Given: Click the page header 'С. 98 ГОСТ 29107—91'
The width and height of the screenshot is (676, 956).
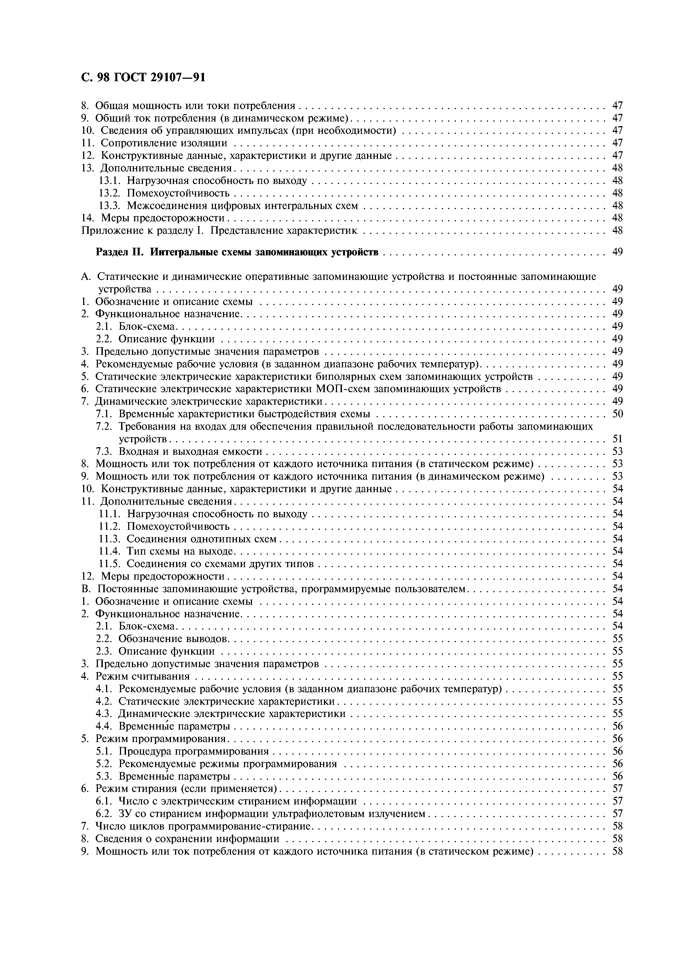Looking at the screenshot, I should pos(143,77).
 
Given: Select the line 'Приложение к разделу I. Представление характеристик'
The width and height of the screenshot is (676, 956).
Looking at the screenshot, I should pos(219,231).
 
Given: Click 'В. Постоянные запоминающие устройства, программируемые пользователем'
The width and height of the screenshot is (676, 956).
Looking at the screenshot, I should pos(275,589).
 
